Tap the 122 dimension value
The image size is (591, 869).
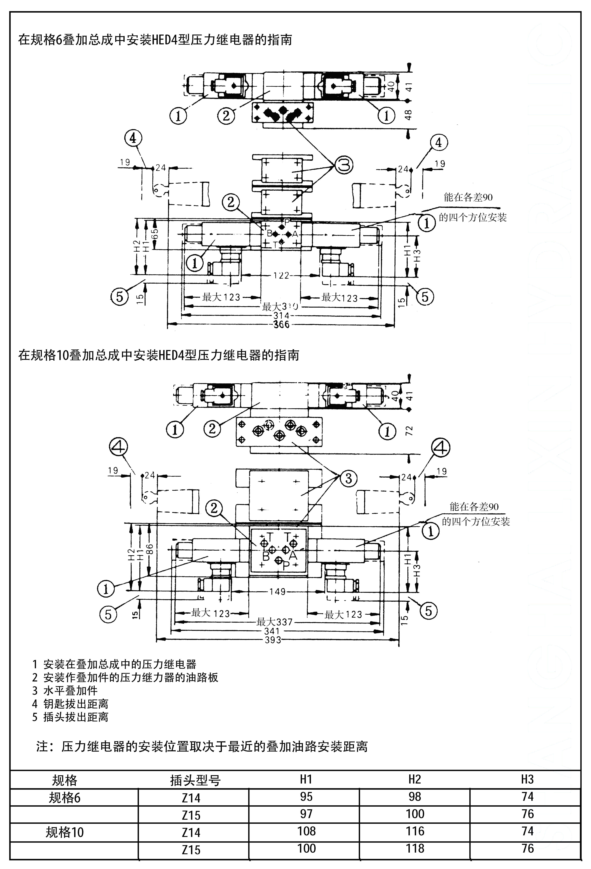point(281,276)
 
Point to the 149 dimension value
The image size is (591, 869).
point(277,592)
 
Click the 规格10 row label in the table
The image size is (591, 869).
point(65,832)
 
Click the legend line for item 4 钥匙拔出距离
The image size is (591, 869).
point(70,704)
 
